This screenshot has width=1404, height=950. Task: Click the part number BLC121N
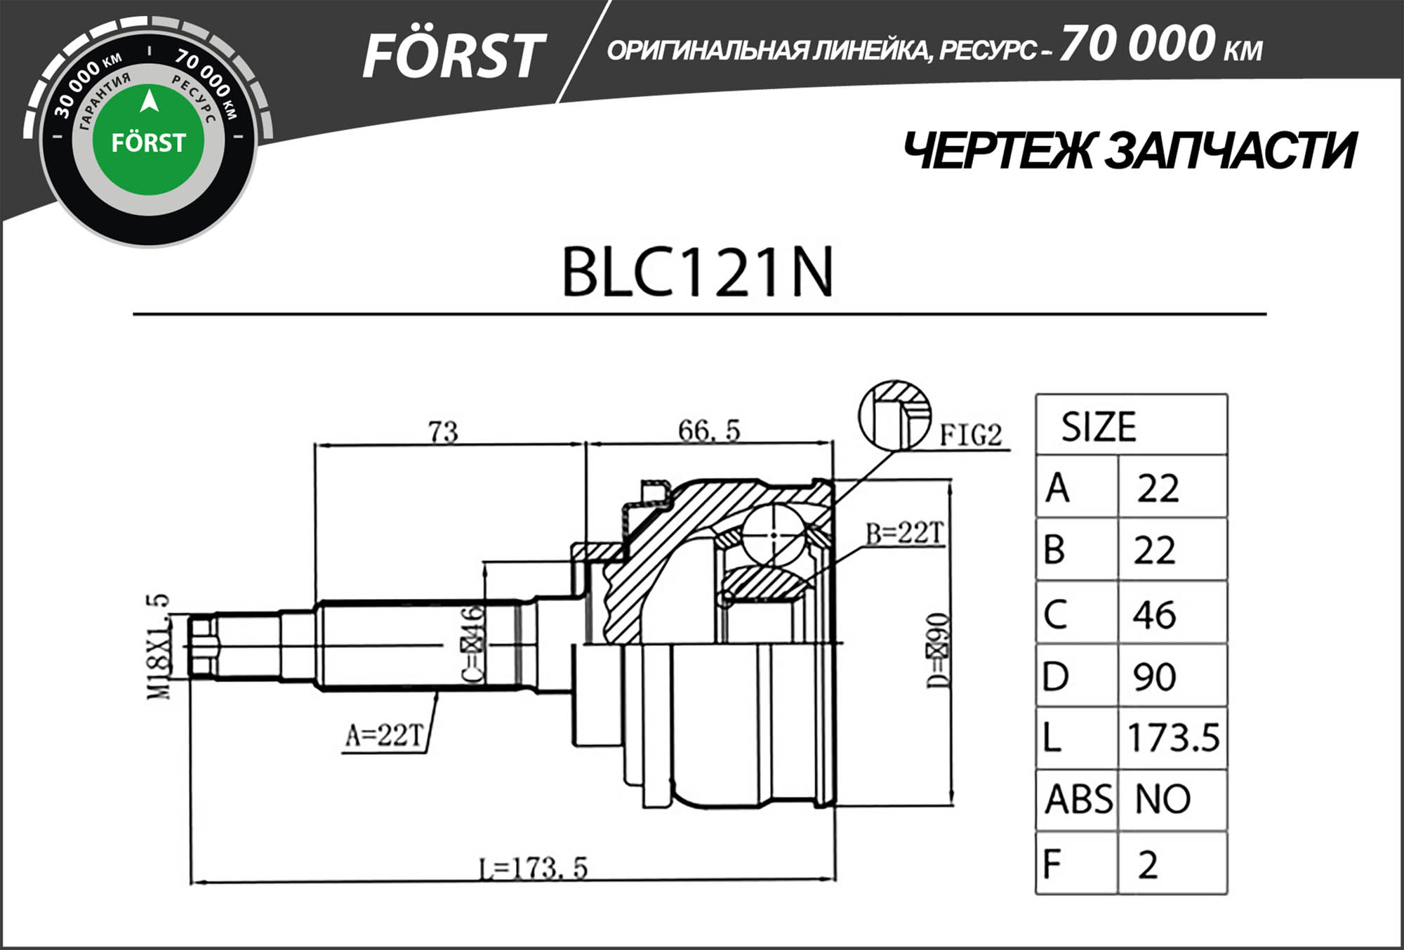pos(697,272)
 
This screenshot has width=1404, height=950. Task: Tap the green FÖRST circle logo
pos(148,140)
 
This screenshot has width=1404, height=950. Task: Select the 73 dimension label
pos(443,431)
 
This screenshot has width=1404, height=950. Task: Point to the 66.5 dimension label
pos(709,430)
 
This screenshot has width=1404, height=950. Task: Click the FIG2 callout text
pos(971,435)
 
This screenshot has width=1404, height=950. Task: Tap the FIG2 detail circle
pos(895,414)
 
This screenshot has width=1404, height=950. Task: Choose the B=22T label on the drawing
pos(905,534)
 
